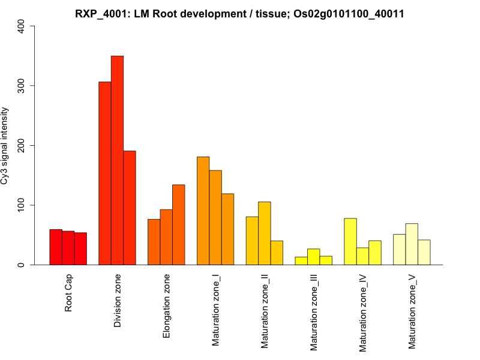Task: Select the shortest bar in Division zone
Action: [130, 208]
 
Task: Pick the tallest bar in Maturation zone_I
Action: [203, 211]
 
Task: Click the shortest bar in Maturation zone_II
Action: [277, 253]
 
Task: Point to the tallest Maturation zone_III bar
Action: [313, 257]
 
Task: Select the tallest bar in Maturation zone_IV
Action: [350, 241]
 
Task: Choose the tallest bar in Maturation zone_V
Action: [412, 244]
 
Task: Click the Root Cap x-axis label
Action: [68, 294]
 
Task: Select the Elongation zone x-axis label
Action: [167, 306]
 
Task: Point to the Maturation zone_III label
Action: [313, 312]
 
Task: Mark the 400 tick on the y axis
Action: [22, 26]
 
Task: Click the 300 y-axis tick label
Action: [22, 86]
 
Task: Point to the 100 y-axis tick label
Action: [22, 205]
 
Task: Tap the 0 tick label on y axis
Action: [22, 265]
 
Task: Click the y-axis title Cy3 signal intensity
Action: [5, 145]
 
